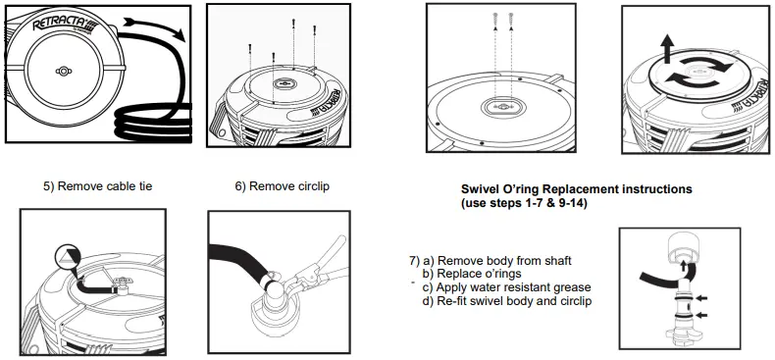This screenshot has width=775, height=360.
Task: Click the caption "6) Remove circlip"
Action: pos(275,185)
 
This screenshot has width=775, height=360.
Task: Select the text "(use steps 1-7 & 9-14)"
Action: pos(525,202)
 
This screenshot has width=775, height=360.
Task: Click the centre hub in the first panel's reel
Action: pos(64,72)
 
